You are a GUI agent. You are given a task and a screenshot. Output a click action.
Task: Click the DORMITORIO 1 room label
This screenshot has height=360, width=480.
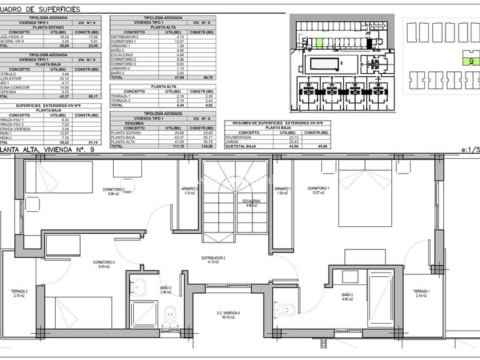pos(319,188)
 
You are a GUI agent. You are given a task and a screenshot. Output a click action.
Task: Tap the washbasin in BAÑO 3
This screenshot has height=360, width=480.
pos(140,287)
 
